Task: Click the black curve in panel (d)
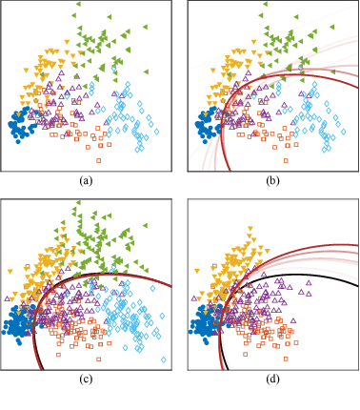(x=286, y=276)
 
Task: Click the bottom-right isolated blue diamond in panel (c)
(x=164, y=359)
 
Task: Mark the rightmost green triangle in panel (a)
(x=144, y=24)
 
